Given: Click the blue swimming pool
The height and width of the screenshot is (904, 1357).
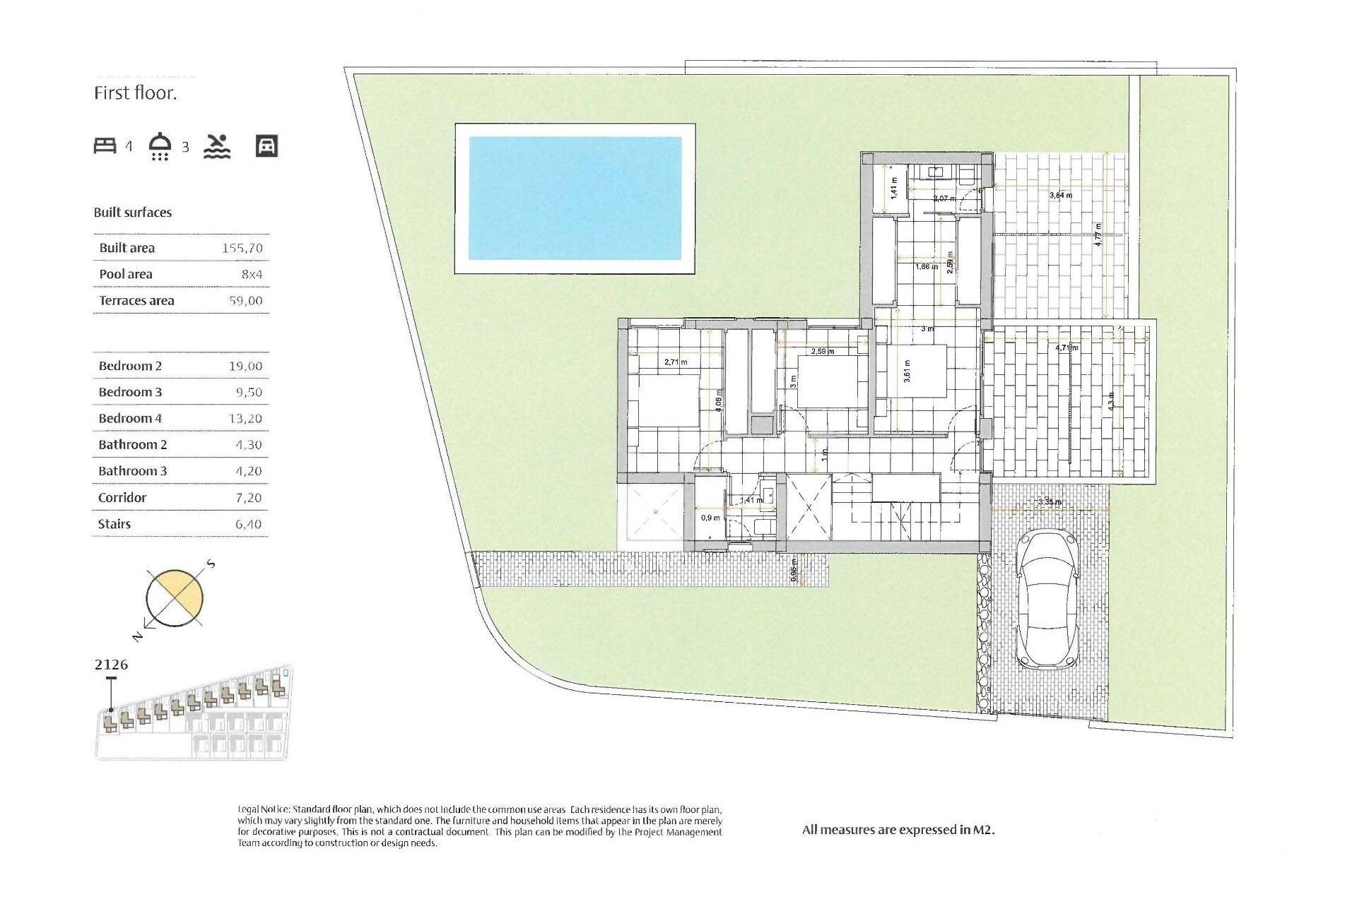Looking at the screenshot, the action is tap(575, 198).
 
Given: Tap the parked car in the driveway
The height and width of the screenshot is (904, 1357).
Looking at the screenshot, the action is tap(1047, 600).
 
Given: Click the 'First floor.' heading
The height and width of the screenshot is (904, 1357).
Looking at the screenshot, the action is tap(136, 93).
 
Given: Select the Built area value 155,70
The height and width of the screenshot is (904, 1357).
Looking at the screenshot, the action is tap(242, 248).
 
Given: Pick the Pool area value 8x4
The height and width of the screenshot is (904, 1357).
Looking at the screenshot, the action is tap(252, 274).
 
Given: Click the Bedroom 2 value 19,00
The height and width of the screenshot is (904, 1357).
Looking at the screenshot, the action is tap(245, 366).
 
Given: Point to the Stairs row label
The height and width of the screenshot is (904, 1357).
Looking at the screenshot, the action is tap(114, 524).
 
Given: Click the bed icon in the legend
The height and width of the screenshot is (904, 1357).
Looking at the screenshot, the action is tap(105, 146).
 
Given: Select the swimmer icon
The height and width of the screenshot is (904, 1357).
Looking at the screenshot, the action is tap(217, 146).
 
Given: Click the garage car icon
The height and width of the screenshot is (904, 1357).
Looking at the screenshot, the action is tap(266, 146).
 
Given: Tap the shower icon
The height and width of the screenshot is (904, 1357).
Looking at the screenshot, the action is tap(160, 146).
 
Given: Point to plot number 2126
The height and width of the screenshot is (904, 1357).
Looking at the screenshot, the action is tap(111, 665).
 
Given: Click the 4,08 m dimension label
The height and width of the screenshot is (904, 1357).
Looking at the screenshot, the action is tap(719, 401).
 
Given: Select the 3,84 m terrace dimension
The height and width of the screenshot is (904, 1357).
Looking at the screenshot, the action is tap(1060, 196).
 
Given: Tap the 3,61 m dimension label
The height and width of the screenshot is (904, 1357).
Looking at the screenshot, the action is tap(907, 371).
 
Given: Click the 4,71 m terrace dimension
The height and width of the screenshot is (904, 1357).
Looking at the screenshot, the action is tap(1067, 348).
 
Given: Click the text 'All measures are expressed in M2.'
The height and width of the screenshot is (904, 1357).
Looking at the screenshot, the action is tap(898, 831).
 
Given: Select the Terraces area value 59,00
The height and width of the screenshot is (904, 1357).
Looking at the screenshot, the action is tap(245, 301).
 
